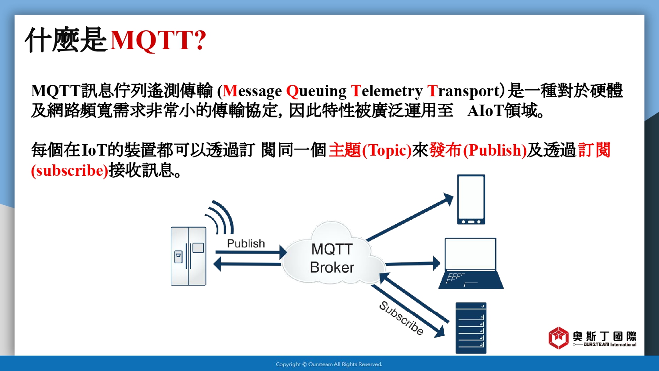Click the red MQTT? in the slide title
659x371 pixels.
(x=158, y=40)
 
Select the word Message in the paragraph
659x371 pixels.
(x=252, y=91)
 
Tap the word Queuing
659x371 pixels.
(x=316, y=91)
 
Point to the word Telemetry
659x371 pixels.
(x=387, y=91)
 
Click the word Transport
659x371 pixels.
(x=463, y=91)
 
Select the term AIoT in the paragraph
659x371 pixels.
(x=485, y=111)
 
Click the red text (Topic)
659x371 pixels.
(x=387, y=150)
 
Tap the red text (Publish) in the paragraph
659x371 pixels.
(x=495, y=150)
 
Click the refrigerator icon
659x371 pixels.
(x=188, y=256)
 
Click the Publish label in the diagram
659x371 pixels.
(x=246, y=244)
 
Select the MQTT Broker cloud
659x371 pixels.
(x=333, y=253)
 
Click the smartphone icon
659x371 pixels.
(x=471, y=199)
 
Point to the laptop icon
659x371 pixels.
(x=471, y=263)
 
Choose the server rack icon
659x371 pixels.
(x=471, y=328)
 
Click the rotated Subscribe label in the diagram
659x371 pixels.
(x=401, y=318)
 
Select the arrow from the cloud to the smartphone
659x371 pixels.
(x=409, y=217)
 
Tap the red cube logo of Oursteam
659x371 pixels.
(x=558, y=338)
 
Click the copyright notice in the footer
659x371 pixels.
(x=329, y=364)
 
